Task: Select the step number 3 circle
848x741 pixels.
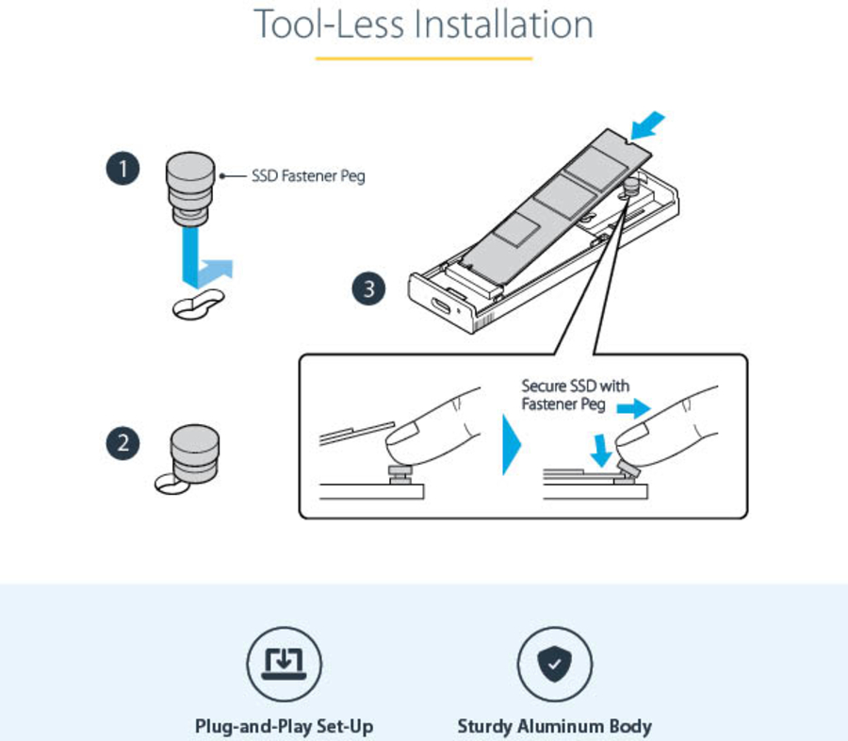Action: tap(368, 288)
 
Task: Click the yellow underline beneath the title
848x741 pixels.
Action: tap(423, 58)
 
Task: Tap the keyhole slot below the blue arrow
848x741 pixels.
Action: tap(198, 305)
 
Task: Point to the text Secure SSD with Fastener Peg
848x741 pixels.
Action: tap(576, 396)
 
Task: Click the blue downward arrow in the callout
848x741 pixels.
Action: tap(595, 448)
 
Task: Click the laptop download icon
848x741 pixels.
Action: tap(284, 664)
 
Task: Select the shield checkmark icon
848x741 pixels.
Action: tap(554, 664)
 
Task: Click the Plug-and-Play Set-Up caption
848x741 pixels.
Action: tap(284, 727)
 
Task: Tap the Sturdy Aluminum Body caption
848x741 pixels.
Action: tap(554, 727)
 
